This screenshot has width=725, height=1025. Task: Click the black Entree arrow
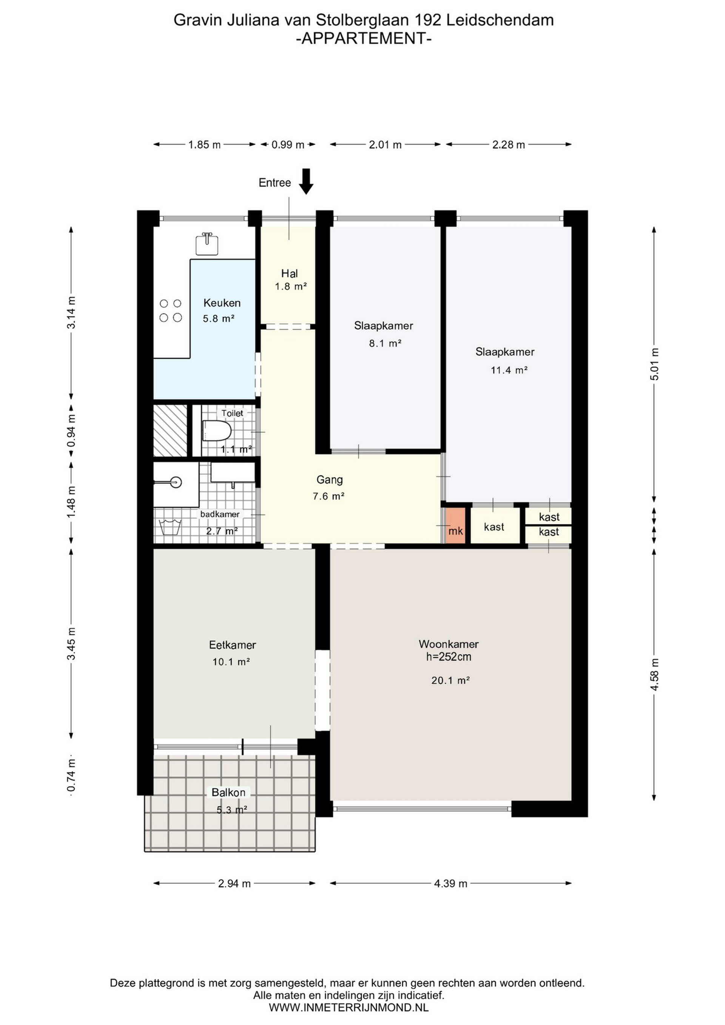306,181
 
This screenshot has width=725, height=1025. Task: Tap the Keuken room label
222,303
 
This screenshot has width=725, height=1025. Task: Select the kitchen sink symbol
207,244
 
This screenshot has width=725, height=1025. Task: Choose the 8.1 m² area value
385,344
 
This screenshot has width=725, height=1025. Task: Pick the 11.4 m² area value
509,370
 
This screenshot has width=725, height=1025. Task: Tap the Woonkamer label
449,644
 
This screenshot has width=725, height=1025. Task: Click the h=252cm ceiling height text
449,657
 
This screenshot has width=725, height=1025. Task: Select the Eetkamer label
232,645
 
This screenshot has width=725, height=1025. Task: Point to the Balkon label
228,792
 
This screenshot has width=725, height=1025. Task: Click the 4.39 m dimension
450,883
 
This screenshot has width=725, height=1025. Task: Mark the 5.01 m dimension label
654,364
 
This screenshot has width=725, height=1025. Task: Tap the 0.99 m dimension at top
288,145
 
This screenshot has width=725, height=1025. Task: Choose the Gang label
330,480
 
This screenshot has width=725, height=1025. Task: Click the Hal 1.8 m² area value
291,287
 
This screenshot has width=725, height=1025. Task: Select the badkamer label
220,514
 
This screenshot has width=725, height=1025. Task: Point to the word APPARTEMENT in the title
364,39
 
